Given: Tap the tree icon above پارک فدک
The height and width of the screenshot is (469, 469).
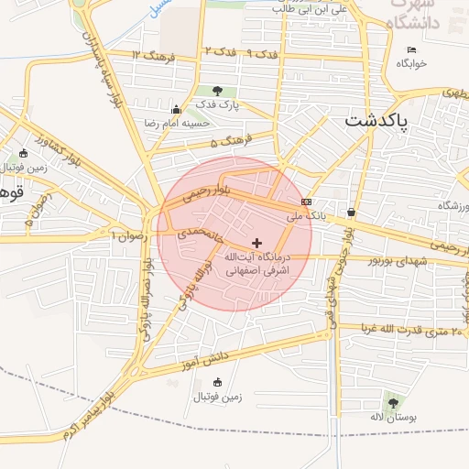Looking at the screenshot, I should tap(217, 90).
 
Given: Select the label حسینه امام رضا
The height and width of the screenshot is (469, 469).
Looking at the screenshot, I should tap(177, 121).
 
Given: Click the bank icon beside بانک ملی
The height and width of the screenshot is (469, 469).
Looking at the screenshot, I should tap(305, 202).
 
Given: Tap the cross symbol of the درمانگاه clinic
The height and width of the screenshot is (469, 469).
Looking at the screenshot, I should tap(257, 243).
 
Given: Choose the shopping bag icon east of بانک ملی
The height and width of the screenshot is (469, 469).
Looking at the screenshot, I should tap(352, 213).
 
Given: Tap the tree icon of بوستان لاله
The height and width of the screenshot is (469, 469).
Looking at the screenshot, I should tap(393, 401).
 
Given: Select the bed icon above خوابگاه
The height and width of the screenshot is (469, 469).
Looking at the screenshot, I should tap(411, 49).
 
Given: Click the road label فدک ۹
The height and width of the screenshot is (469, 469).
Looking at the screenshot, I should tap(263, 54).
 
